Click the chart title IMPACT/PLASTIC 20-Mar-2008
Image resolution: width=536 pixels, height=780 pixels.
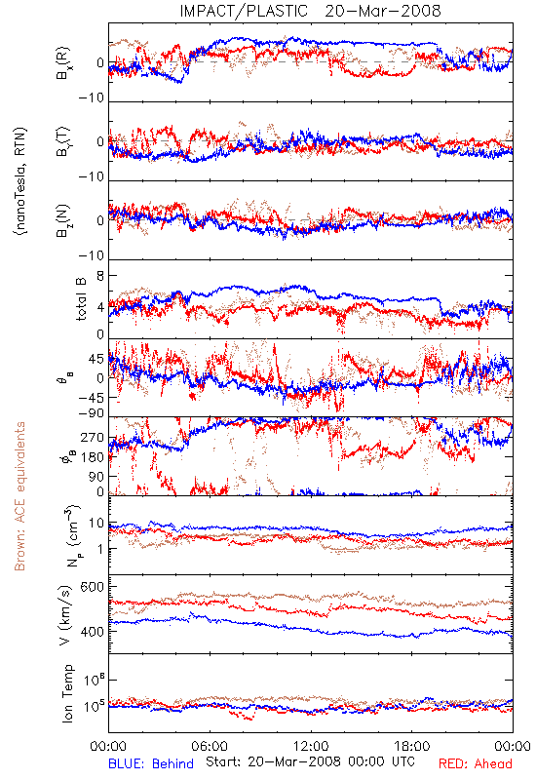[310, 11]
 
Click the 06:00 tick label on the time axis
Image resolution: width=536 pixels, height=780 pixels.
[210, 746]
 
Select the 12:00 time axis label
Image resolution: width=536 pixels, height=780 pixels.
[311, 746]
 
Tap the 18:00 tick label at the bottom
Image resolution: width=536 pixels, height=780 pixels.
[411, 746]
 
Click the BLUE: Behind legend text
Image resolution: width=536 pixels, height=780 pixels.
[151, 763]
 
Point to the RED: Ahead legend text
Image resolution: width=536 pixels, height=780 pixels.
[475, 763]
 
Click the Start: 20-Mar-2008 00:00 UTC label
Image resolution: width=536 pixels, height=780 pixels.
[310, 761]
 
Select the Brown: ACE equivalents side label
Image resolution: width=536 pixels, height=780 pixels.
[19, 496]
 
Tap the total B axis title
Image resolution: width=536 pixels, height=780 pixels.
[81, 299]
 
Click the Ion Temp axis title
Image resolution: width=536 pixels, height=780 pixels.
[67, 693]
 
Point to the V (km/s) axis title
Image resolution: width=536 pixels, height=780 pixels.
[65, 615]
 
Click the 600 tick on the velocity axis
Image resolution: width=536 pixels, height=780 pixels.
[93, 587]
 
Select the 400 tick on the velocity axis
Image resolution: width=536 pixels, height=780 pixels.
[93, 632]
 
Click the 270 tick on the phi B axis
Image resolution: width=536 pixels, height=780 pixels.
[94, 438]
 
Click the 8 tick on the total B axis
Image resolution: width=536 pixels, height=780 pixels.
[100, 276]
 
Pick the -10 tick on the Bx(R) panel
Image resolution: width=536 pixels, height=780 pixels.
[92, 98]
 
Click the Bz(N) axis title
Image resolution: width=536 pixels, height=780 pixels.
[63, 220]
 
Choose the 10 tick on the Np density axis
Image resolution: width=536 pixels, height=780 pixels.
[96, 524]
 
